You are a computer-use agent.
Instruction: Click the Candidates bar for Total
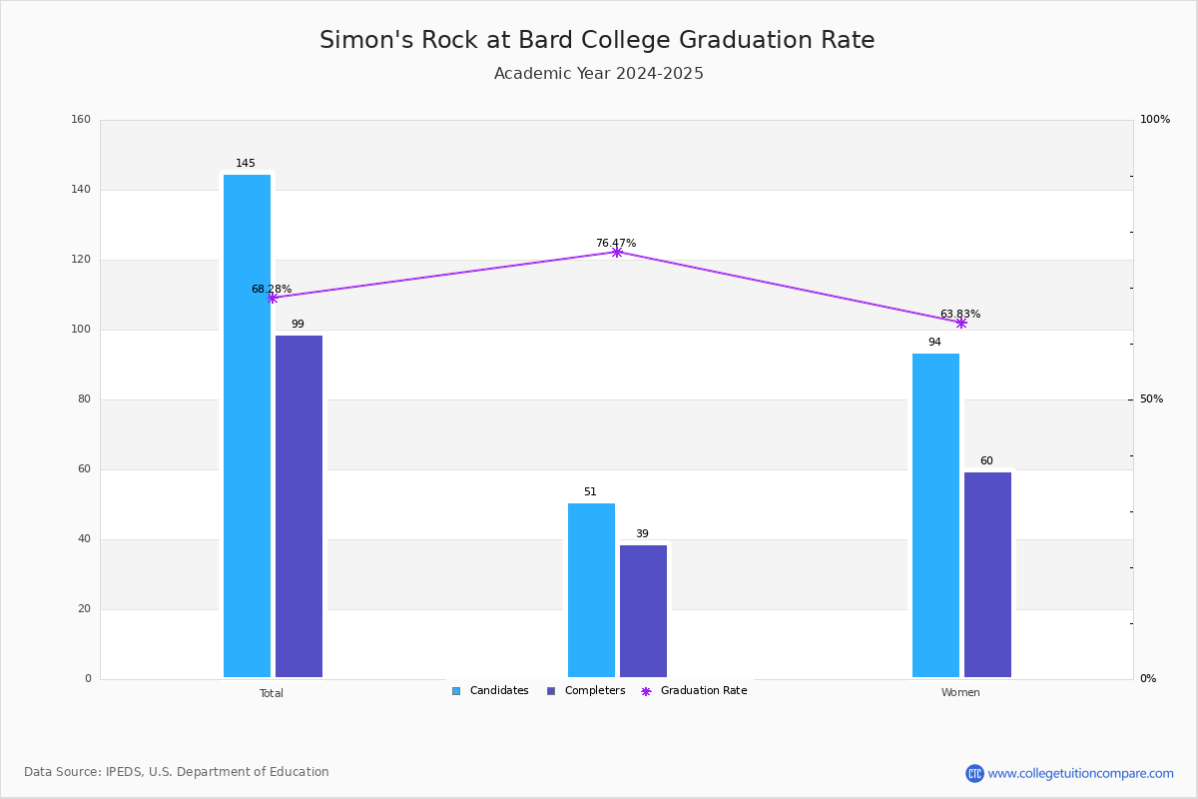pos(247,426)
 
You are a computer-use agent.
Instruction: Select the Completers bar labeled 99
pos(299,506)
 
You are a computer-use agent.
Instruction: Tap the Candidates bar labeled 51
pos(591,590)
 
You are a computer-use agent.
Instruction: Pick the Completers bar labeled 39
pos(643,611)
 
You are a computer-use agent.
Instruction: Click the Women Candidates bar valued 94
pos(935,515)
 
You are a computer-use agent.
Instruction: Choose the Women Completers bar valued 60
pos(987,574)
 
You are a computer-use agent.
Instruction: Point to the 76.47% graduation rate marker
pos(617,252)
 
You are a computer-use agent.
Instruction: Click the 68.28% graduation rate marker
pos(273,298)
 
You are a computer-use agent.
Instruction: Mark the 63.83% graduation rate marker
pos(961,323)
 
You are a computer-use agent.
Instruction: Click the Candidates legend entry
pos(490,691)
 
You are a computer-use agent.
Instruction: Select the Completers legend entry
pos(586,691)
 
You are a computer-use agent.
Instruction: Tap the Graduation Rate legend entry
pos(694,691)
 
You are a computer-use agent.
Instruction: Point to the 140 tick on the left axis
pos(81,190)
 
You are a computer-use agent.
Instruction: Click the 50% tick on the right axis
pos(1151,399)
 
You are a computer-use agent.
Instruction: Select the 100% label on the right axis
pos(1155,119)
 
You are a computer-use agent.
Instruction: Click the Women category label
pos(960,692)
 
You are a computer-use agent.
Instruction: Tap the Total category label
pos(272,693)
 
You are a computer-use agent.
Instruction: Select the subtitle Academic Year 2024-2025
pos(598,73)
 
